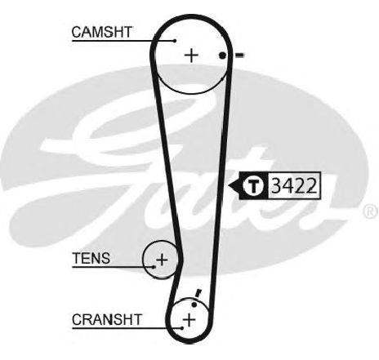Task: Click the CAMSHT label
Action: click(x=102, y=32)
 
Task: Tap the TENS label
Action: click(x=91, y=258)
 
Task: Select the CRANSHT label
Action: click(x=107, y=320)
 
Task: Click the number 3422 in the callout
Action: click(x=294, y=186)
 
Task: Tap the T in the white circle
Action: click(x=253, y=185)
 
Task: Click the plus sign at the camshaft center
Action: click(x=192, y=56)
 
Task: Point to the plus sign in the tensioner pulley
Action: click(x=162, y=260)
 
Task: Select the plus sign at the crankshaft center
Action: click(x=189, y=319)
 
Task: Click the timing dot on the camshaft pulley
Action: click(x=223, y=56)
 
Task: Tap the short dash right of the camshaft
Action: click(x=240, y=56)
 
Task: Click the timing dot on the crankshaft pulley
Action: click(x=194, y=304)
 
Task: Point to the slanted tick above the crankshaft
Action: click(x=198, y=294)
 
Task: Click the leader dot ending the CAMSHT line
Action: click(x=175, y=41)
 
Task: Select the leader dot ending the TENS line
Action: click(x=154, y=267)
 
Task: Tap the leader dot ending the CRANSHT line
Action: click(x=182, y=328)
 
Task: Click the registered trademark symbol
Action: click(x=370, y=211)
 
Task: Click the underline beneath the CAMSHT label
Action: click(x=123, y=41)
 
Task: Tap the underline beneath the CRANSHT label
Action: click(x=127, y=328)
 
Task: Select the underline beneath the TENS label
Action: click(x=113, y=267)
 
